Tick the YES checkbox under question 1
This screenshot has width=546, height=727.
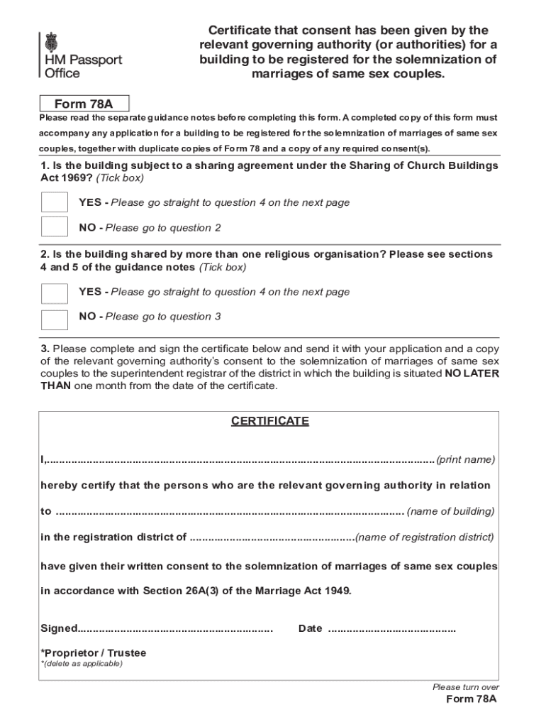[55, 202]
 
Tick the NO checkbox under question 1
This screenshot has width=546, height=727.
[55, 227]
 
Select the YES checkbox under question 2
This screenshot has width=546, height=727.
[55, 293]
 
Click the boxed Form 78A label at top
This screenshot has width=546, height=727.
[84, 104]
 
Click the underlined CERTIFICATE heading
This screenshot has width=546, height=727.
[269, 421]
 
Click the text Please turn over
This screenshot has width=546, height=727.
[465, 687]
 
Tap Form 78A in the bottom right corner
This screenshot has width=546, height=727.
[471, 699]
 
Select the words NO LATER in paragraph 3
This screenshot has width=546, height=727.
[472, 373]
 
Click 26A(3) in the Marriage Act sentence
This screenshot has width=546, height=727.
[204, 591]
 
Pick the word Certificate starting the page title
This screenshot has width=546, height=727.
[238, 31]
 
